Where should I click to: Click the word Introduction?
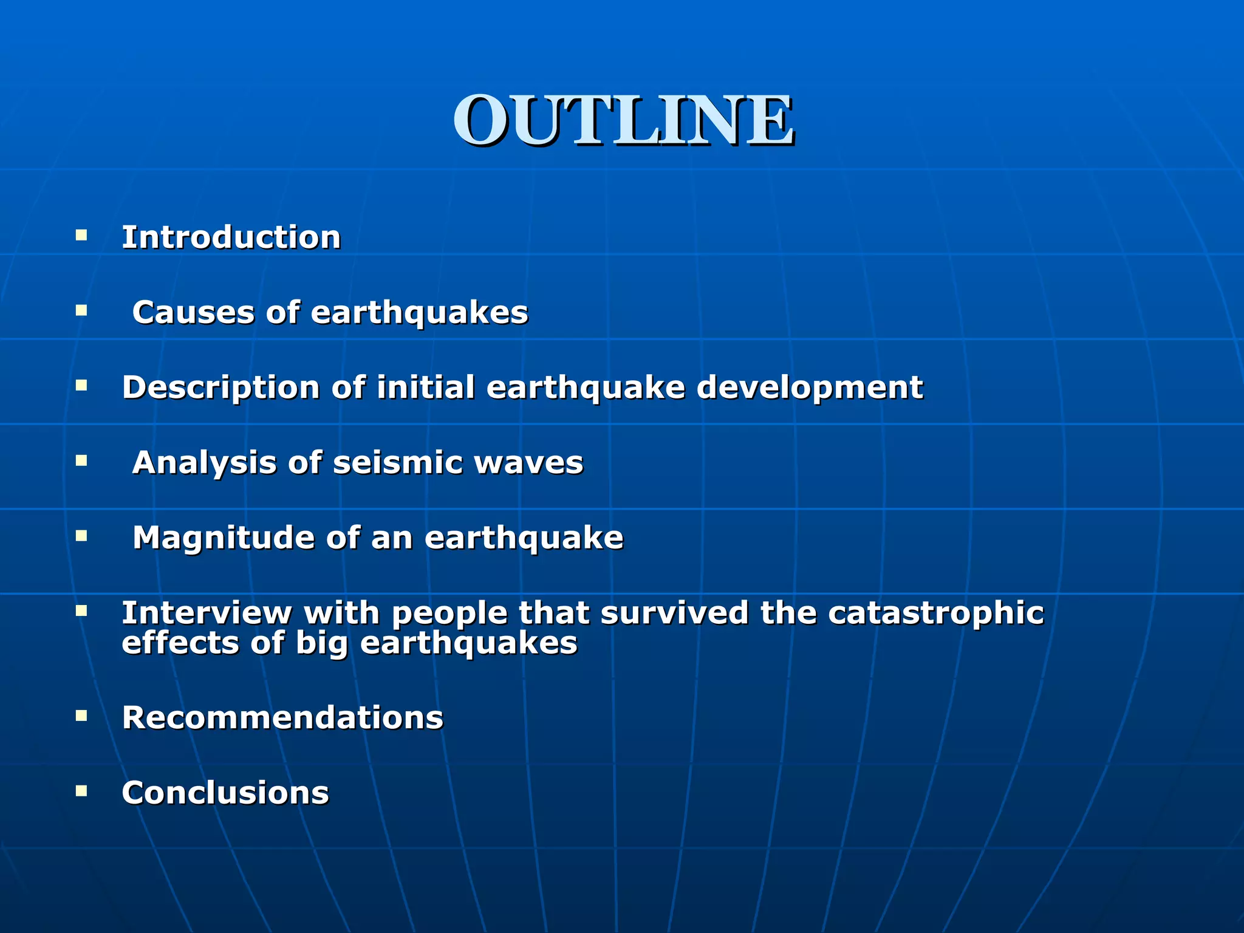[x=231, y=237]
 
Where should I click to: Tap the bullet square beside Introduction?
[x=81, y=234]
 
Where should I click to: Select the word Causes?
[x=193, y=312]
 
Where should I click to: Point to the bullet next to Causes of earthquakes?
[x=81, y=310]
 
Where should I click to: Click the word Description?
[x=220, y=388]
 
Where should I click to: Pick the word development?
[x=809, y=388]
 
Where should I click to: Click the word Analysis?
[x=204, y=462]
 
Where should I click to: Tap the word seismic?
[x=397, y=462]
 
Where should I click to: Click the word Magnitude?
[x=223, y=538]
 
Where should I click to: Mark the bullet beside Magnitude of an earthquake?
[x=81, y=535]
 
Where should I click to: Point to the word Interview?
[x=207, y=612]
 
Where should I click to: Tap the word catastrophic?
[x=935, y=613]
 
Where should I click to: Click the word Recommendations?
[x=282, y=717]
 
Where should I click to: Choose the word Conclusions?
[x=225, y=793]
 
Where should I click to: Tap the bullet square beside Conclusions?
[x=81, y=790]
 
